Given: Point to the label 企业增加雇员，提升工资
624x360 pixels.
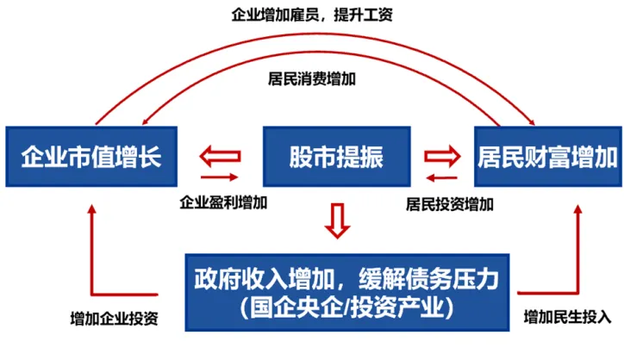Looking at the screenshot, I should point(312,16).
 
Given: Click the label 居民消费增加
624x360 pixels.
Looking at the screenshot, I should point(312,78).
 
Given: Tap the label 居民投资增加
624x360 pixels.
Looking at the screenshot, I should point(450,204).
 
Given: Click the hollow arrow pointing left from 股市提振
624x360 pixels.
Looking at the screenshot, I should point(219,157).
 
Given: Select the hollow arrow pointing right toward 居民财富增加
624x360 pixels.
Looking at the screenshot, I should point(445,157).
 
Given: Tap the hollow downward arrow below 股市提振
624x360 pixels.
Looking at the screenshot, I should point(337,220).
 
